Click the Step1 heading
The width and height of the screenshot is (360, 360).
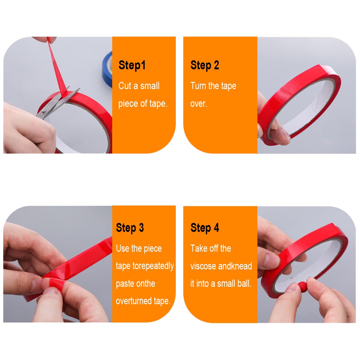[x=132, y=65]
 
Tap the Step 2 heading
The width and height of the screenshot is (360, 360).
[x=205, y=65]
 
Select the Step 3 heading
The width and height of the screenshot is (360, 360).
[x=130, y=228]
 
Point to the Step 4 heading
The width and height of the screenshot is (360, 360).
[x=205, y=228]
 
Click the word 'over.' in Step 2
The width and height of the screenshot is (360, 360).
[x=199, y=104]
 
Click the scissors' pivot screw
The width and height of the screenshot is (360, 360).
[x=44, y=112]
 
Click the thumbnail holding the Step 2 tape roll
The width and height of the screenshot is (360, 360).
[x=286, y=133]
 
